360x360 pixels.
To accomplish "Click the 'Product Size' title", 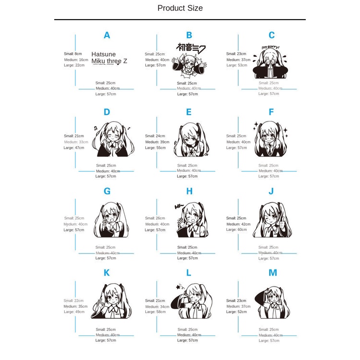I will click(x=180, y=8).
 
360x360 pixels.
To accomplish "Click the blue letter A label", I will click(x=107, y=35).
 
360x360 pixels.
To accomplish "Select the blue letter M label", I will click(x=273, y=273).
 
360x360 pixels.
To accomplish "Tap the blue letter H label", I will click(x=189, y=191).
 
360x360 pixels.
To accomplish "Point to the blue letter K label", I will click(x=107, y=273).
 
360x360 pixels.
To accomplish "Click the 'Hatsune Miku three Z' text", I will click(x=109, y=58).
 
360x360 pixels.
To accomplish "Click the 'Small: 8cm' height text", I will click(x=73, y=54).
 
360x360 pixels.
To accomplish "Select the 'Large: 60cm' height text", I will click(x=237, y=229).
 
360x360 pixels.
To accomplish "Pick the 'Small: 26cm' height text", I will click(x=155, y=218).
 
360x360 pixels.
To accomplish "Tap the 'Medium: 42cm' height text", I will click(x=239, y=224).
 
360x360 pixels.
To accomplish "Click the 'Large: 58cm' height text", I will click(x=155, y=312).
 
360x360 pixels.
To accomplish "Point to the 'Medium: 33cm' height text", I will click(x=76, y=142).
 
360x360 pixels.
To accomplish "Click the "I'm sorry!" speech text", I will click(x=270, y=48).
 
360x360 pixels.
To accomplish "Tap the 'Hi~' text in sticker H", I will click(x=180, y=207).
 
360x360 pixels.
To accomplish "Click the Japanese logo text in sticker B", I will click(x=191, y=48).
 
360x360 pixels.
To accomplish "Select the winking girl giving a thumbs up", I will click(x=271, y=221).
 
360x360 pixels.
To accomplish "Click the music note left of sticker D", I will click(x=95, y=128).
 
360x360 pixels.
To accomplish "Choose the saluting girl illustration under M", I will click(x=272, y=302).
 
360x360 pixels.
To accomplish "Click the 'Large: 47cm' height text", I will click(x=74, y=147).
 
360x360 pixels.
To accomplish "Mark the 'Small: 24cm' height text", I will click(x=155, y=136).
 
